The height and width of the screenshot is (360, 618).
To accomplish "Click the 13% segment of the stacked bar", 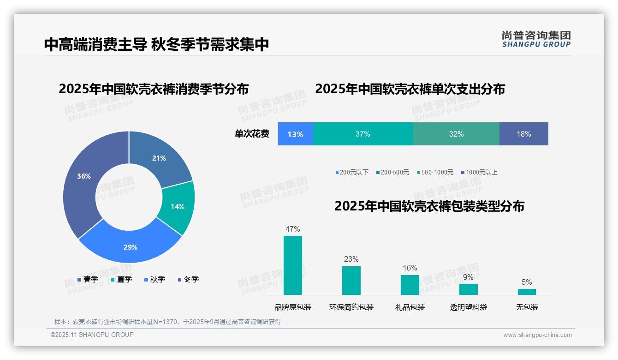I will (295, 134).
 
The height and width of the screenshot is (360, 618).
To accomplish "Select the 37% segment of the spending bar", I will (363, 134).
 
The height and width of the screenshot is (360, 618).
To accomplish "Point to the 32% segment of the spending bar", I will (456, 134).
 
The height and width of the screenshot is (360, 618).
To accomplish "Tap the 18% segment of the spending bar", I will (524, 134).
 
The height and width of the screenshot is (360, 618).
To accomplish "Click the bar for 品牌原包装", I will (293, 265).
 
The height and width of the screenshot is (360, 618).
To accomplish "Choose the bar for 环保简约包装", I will (351, 281).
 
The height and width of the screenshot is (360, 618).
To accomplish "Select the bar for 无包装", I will (527, 292).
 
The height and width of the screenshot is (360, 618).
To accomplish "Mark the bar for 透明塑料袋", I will (468, 289).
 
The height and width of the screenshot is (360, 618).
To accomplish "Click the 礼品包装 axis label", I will (410, 307).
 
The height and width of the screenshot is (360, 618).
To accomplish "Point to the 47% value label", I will (293, 229).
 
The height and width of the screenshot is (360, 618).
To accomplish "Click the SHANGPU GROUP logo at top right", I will (536, 39).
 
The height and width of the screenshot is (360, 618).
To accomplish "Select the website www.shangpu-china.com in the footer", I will (537, 335).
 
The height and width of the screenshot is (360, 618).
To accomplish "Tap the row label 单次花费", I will (252, 134).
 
